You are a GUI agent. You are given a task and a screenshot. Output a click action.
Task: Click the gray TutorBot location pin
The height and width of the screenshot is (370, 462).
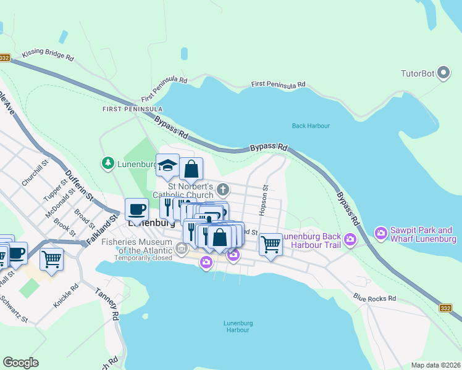click(x=443, y=74)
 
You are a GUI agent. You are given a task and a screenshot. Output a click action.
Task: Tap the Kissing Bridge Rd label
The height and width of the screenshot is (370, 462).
click(x=48, y=54)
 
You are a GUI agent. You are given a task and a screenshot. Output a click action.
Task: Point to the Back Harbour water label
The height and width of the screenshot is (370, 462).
click(x=311, y=126)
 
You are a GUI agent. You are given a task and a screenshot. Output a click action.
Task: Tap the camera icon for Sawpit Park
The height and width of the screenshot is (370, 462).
click(x=380, y=233)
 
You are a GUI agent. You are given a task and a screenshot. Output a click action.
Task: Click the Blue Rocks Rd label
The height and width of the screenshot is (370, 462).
click(x=374, y=298)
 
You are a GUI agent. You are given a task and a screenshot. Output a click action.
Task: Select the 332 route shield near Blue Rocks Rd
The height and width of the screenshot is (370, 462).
click(x=446, y=308)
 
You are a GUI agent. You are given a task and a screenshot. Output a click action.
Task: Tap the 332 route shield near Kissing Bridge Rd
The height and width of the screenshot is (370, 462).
click(x=4, y=58)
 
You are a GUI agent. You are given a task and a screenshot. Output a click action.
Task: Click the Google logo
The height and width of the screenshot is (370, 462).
click(x=21, y=363)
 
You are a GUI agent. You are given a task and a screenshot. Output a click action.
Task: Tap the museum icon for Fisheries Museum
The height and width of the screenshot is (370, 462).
click(x=182, y=249)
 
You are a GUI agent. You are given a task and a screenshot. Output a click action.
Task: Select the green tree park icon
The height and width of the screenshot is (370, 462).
click(x=107, y=163)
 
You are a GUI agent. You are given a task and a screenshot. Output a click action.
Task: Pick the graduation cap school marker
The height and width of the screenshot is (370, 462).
click(x=167, y=165)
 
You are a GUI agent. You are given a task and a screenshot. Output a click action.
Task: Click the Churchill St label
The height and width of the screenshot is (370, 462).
click(x=35, y=173)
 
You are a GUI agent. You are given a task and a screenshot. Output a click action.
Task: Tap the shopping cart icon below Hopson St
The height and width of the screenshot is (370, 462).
click(x=271, y=244)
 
